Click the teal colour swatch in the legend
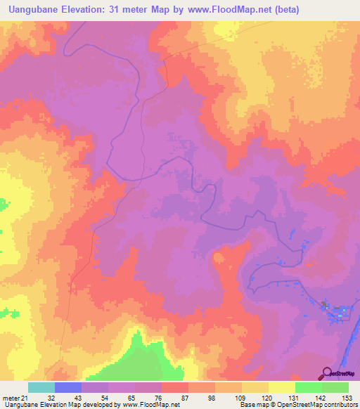click(41, 388)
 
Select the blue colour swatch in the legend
click(68, 388)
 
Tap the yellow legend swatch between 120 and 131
click(282, 388)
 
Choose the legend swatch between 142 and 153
click(335, 388)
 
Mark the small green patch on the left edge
click(4, 204)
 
